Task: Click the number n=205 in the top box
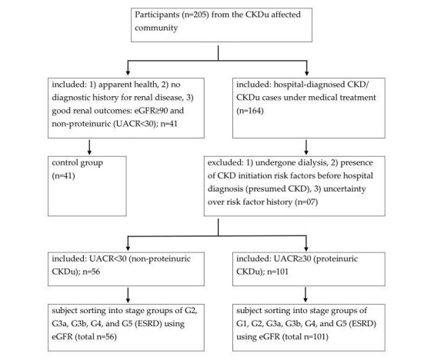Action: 196,15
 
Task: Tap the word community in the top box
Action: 156,28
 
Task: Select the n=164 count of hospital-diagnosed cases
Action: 250,110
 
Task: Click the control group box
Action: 87,186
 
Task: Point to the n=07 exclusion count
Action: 306,202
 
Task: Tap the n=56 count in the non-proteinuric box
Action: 91,272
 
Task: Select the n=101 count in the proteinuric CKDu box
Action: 278,272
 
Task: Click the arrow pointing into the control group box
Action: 89,147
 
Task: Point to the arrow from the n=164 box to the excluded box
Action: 306,147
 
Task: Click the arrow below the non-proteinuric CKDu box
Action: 128,295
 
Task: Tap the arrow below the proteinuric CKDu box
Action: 305,295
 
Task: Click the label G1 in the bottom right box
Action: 242,324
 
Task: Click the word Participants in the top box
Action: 157,15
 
